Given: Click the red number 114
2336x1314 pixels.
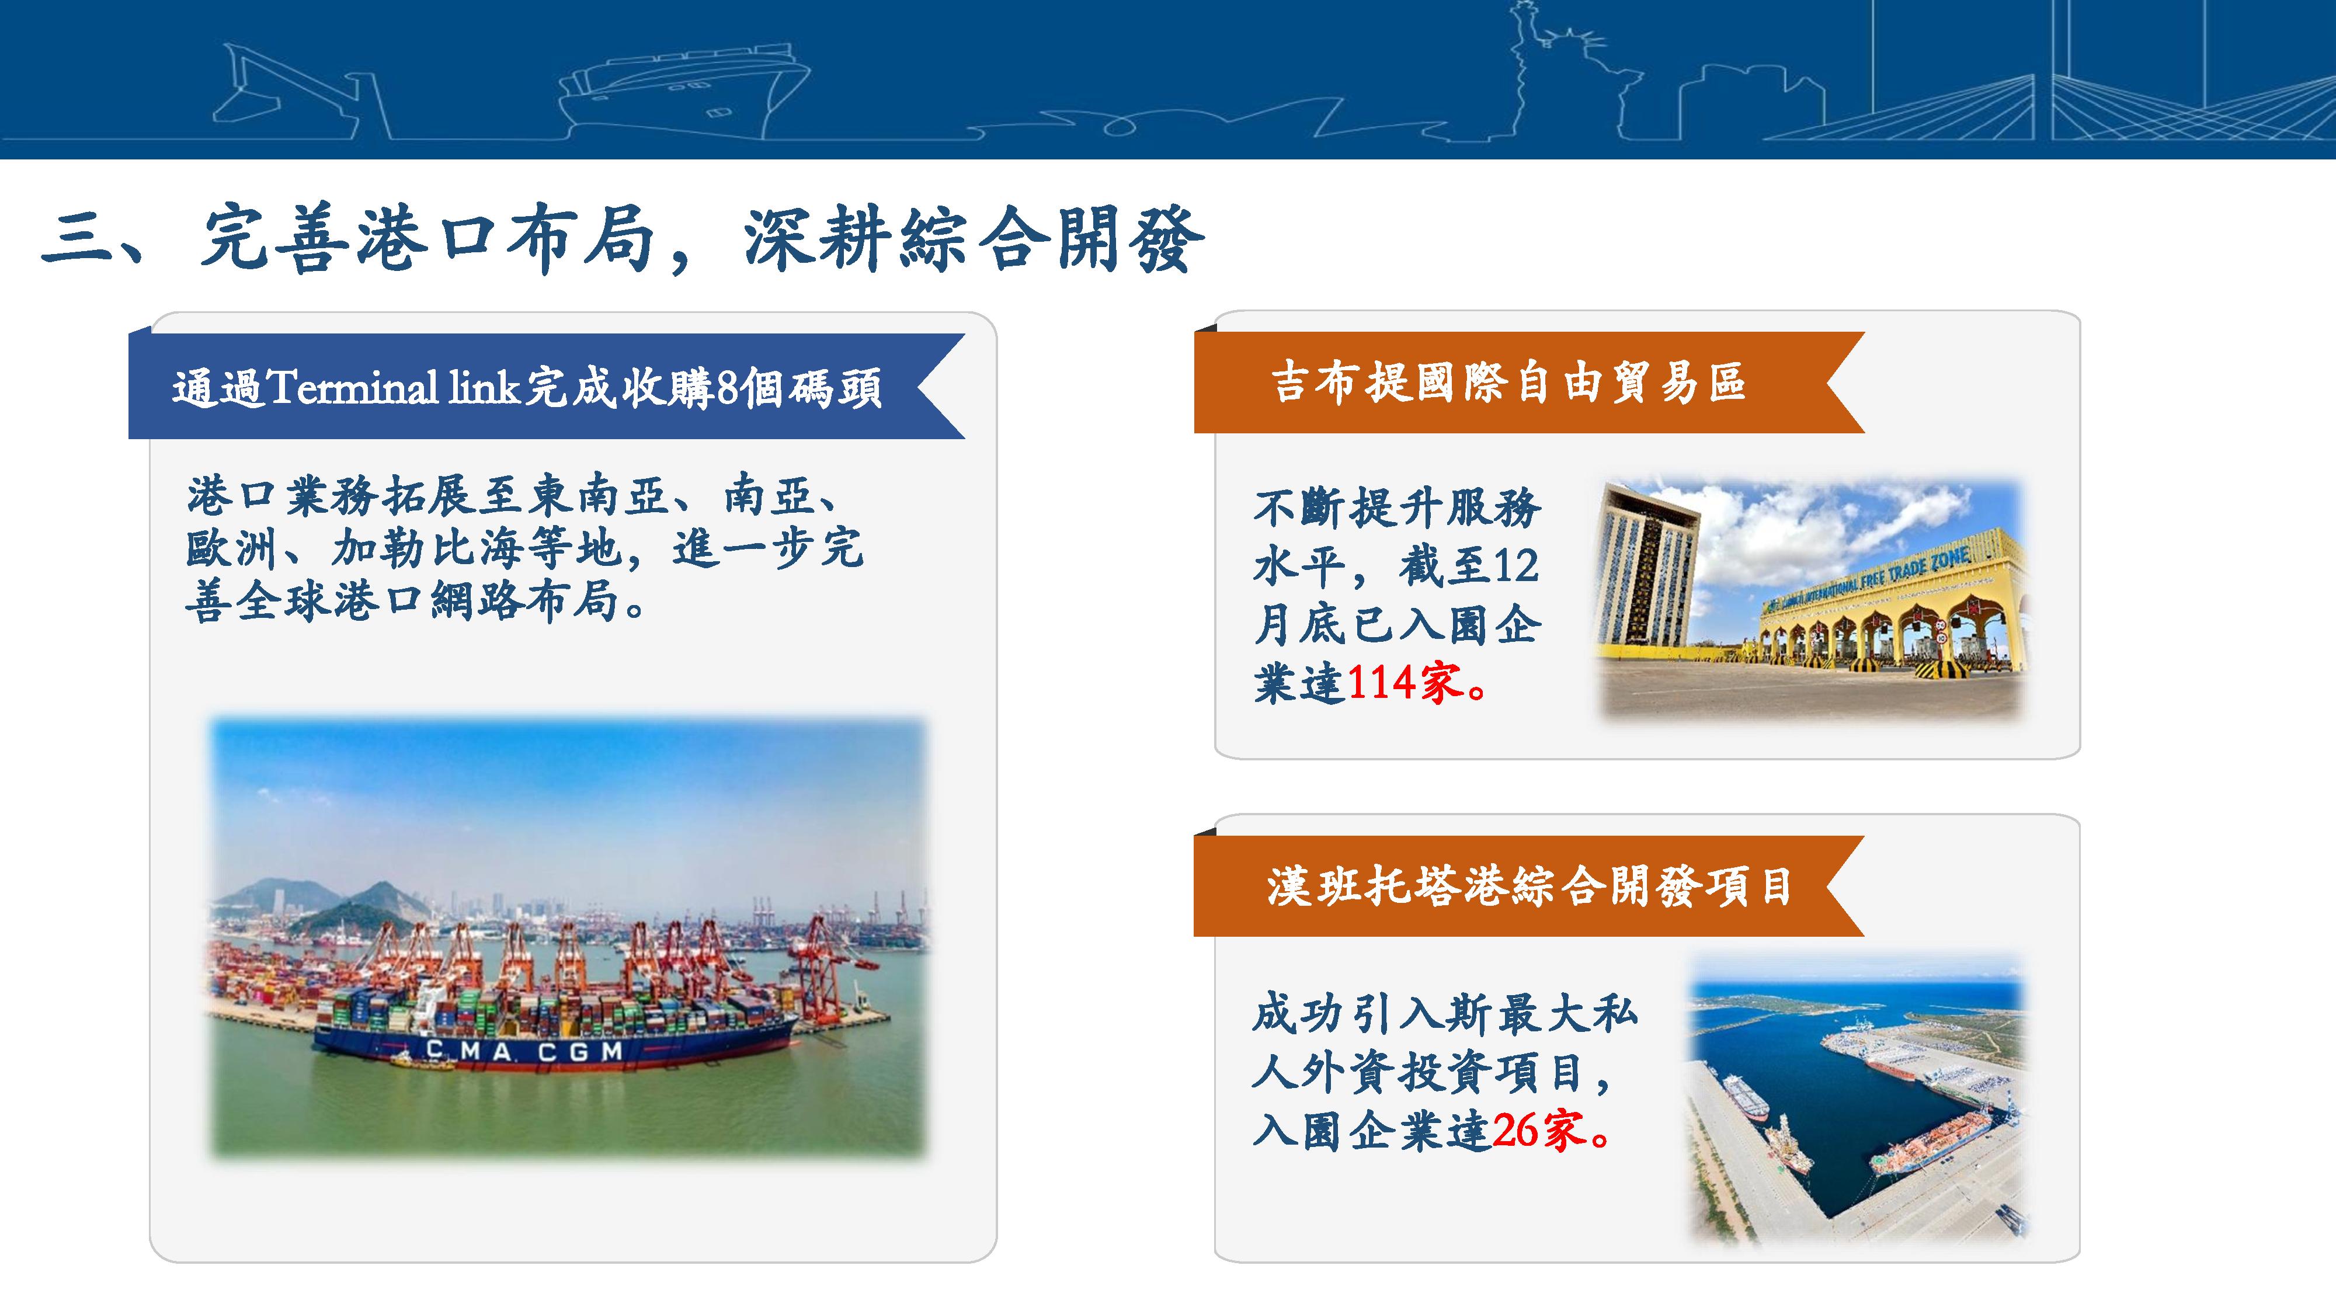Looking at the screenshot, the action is click(x=1381, y=682).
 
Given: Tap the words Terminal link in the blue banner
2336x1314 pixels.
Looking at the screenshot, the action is click(x=392, y=388).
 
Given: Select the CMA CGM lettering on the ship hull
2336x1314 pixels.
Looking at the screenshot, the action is click(x=524, y=1051).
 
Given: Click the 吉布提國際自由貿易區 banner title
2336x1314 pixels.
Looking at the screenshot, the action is click(x=1509, y=383).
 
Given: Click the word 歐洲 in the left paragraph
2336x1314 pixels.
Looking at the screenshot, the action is click(x=233, y=548).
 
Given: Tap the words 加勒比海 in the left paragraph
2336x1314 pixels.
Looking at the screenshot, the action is click(x=426, y=548).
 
